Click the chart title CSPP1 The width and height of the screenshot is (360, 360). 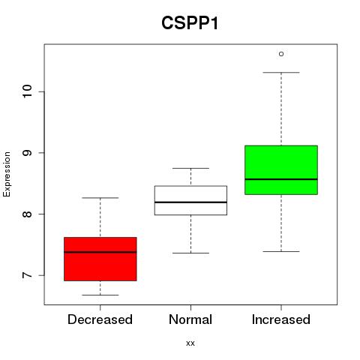(x=190, y=23)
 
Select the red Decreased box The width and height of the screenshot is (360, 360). (x=100, y=259)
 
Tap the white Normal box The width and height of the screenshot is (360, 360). (x=190, y=200)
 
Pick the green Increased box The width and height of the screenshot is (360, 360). (x=281, y=169)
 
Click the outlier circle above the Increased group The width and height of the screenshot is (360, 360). (x=281, y=54)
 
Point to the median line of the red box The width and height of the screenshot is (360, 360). (x=100, y=252)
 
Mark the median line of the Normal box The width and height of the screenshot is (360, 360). (x=190, y=202)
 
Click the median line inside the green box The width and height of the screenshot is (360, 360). (x=281, y=179)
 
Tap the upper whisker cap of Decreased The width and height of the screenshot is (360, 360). (x=100, y=198)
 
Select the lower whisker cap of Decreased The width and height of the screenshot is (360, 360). (x=100, y=295)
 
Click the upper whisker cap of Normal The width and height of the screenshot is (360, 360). (x=190, y=168)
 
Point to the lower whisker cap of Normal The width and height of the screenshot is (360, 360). (x=190, y=253)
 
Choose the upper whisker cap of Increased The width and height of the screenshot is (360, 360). (x=281, y=73)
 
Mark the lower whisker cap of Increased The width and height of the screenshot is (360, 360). (x=281, y=251)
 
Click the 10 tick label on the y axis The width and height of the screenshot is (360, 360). (x=28, y=91)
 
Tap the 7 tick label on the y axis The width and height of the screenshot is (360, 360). (x=28, y=275)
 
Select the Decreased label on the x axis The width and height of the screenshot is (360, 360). (x=100, y=319)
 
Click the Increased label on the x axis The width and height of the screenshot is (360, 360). (x=281, y=319)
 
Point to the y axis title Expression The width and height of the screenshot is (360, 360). (x=7, y=174)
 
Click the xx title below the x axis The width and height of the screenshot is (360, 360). (x=190, y=343)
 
